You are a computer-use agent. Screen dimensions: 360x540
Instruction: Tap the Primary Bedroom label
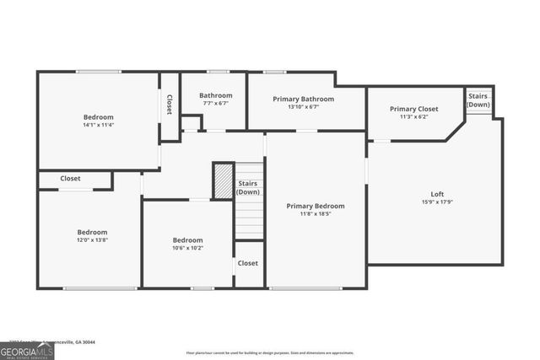(x=315, y=206)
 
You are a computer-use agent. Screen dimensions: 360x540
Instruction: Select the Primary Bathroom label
(x=303, y=99)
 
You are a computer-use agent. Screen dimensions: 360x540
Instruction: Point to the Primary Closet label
(x=413, y=109)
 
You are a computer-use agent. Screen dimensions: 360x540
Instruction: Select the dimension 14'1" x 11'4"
(x=98, y=126)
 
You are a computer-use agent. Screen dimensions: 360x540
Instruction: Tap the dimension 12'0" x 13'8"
(x=92, y=240)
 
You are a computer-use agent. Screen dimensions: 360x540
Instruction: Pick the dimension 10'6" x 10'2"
(x=187, y=248)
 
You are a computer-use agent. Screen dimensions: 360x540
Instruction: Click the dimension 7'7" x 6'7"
(x=216, y=104)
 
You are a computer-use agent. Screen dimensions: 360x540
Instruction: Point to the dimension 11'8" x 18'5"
(x=315, y=214)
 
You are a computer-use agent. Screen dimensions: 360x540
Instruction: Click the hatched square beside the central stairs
(x=223, y=181)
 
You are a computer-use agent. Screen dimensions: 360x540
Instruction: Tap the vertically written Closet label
(x=170, y=105)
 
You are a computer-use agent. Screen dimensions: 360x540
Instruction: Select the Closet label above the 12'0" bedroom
(x=70, y=179)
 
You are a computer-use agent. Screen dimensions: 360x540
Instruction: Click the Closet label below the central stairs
(x=248, y=263)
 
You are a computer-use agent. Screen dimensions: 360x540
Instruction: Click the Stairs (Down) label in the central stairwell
(x=248, y=187)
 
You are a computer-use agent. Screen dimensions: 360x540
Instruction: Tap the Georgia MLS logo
(x=27, y=350)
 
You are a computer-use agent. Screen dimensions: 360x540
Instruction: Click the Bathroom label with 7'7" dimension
(x=216, y=95)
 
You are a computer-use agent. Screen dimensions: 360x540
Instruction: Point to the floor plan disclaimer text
(x=269, y=352)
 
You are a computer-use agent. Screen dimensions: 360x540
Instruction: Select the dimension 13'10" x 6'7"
(x=303, y=107)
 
